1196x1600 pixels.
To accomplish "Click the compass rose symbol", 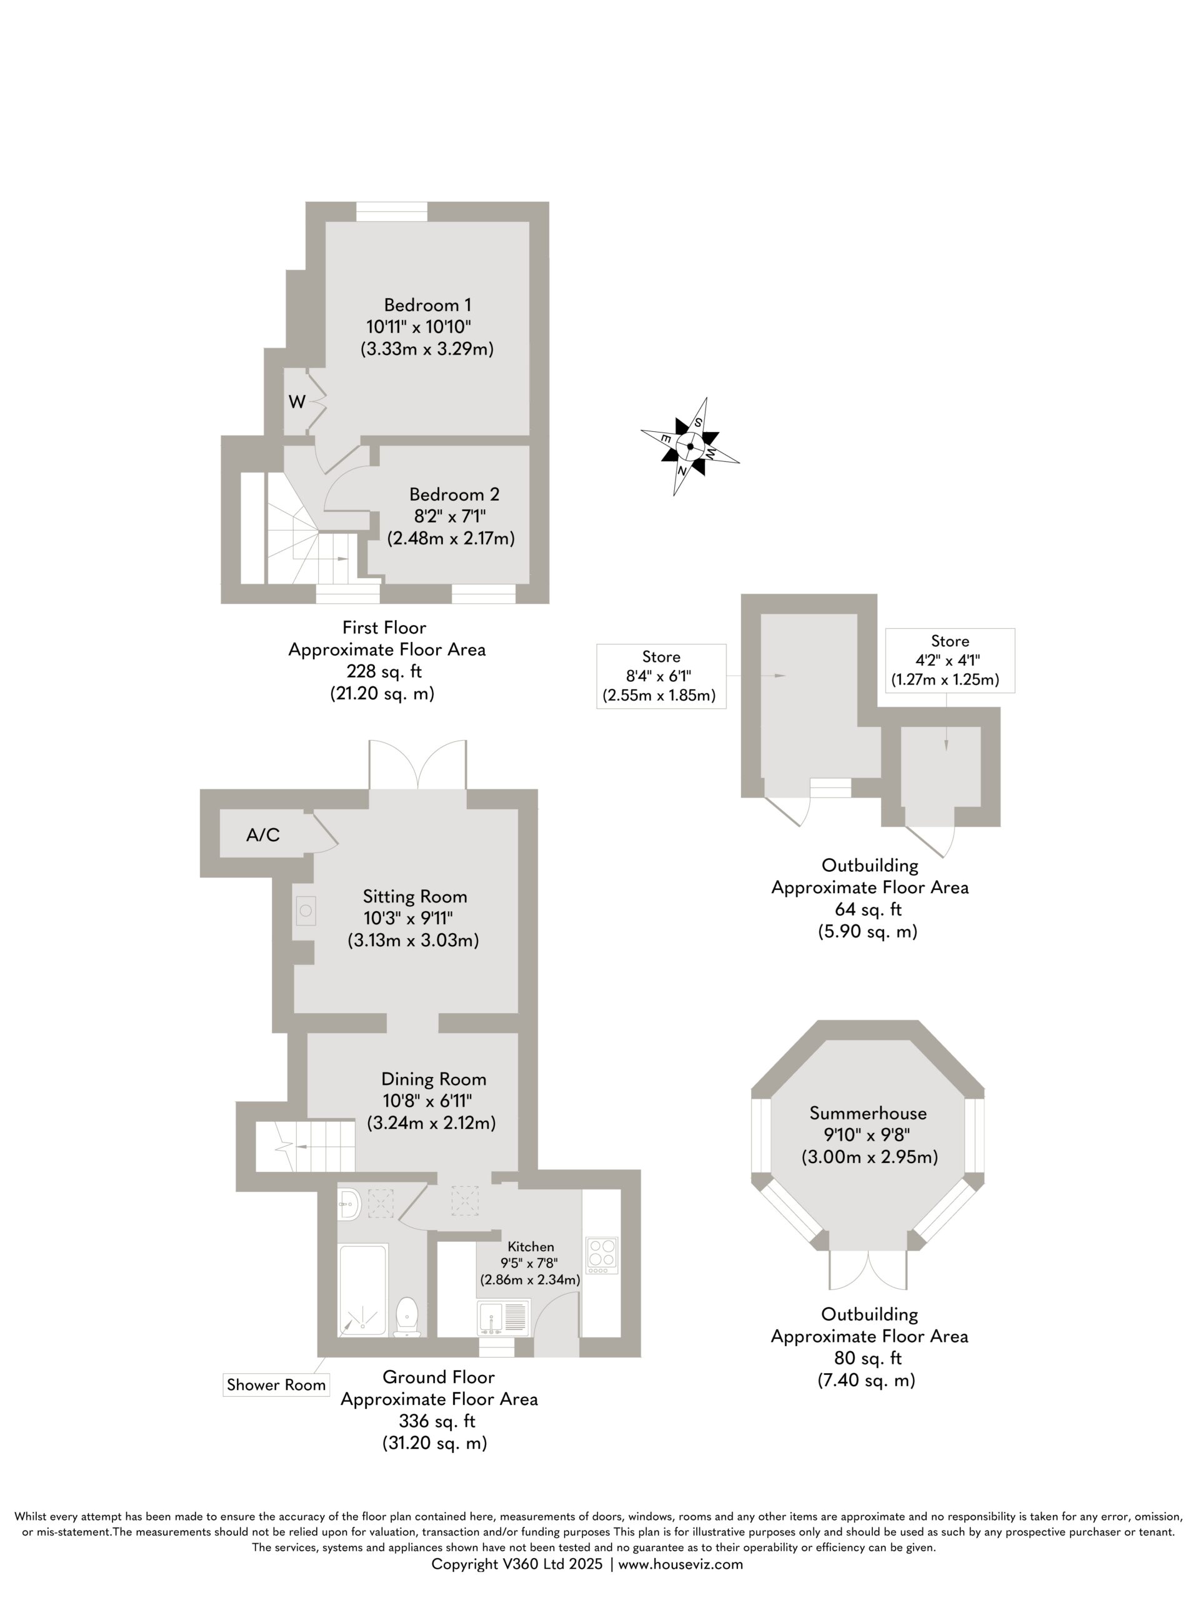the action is [690, 446].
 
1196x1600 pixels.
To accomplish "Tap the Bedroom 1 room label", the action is [427, 304].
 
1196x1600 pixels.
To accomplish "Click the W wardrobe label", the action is [296, 402].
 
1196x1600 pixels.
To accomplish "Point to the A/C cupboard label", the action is [262, 835].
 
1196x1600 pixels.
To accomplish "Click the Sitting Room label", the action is [415, 897].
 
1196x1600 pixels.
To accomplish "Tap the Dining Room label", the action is [434, 1079].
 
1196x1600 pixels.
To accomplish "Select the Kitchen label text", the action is [531, 1246].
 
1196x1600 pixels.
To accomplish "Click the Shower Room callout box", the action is [276, 1384].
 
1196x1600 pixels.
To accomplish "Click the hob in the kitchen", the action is [602, 1256].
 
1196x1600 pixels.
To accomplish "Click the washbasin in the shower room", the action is [349, 1204].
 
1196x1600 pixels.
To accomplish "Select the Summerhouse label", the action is [868, 1112].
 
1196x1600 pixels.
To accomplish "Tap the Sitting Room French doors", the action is [417, 764].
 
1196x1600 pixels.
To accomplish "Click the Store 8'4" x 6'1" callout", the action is [661, 676].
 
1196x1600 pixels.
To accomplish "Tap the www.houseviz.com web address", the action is [680, 1564].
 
